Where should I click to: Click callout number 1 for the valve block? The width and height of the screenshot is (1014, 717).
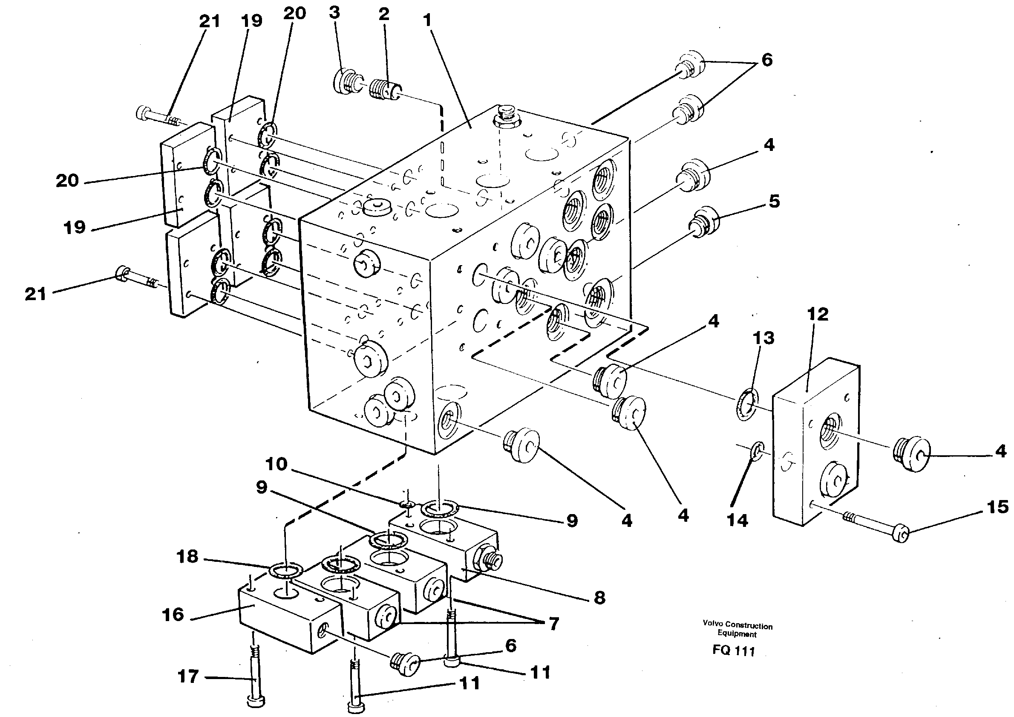coord(426,20)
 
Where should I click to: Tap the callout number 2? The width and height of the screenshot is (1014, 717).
coord(384,14)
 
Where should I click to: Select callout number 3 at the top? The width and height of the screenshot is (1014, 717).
coord(334,13)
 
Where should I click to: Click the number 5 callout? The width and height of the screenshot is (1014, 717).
coord(774,201)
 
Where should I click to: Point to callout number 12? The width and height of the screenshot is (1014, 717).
coord(818,315)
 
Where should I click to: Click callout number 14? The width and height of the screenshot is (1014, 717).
coord(737,521)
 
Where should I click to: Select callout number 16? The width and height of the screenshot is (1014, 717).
coord(173,615)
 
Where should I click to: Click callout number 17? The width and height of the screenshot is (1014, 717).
coord(188,677)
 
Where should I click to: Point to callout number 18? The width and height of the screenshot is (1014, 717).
coord(187,557)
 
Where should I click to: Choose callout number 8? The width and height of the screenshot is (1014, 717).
coord(599,598)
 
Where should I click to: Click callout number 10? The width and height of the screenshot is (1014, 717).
coord(277,464)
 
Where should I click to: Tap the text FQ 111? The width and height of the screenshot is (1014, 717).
coord(734,651)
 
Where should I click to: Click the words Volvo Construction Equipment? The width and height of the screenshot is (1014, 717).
coord(737,630)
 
